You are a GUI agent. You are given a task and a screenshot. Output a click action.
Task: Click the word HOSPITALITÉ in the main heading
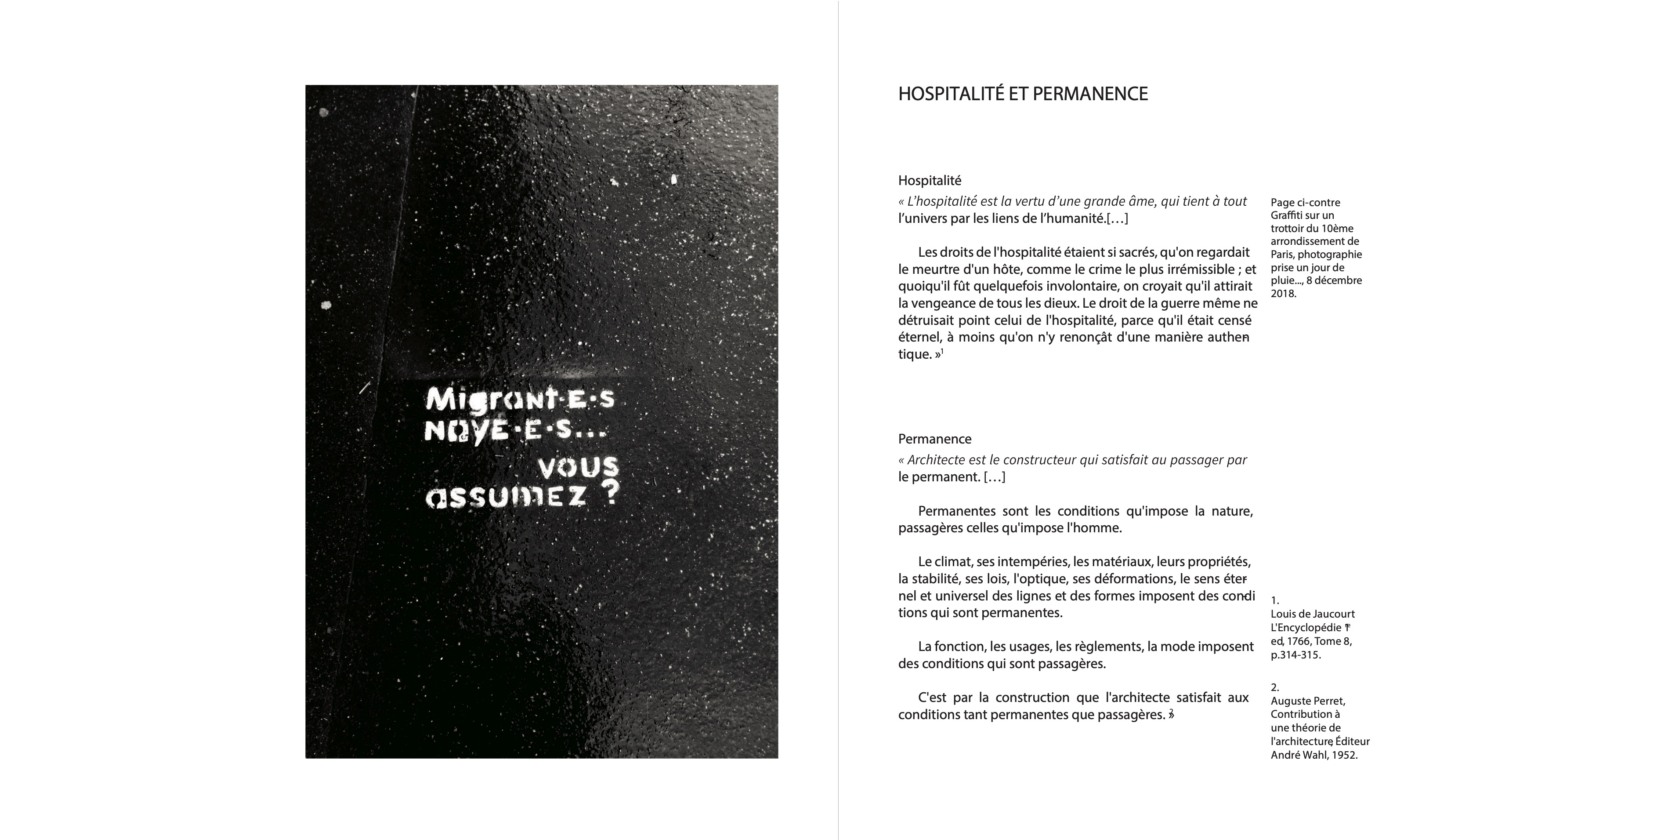pyautogui.click(x=950, y=94)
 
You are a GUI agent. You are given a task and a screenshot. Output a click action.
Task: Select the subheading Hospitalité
pyautogui.click(x=930, y=180)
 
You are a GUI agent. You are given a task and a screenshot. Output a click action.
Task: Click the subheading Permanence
pyautogui.click(x=935, y=439)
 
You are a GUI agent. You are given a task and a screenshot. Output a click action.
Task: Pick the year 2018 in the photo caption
pyautogui.click(x=1283, y=294)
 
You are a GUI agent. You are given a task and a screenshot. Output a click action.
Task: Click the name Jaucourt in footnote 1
pyautogui.click(x=1333, y=614)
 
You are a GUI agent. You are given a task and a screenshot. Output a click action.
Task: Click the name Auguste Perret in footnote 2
pyautogui.click(x=1307, y=701)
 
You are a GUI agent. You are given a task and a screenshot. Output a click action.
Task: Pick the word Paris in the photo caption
pyautogui.click(x=1282, y=255)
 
